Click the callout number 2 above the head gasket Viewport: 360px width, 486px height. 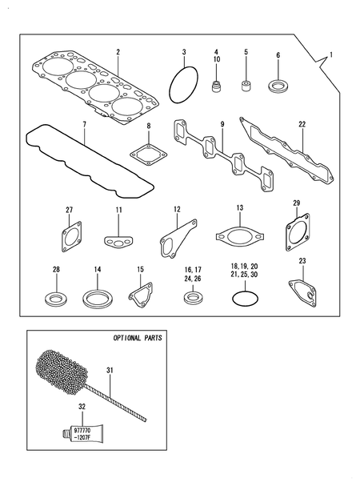[118, 52]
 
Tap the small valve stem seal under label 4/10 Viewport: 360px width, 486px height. [216, 83]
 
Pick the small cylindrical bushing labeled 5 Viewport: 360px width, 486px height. [246, 82]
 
